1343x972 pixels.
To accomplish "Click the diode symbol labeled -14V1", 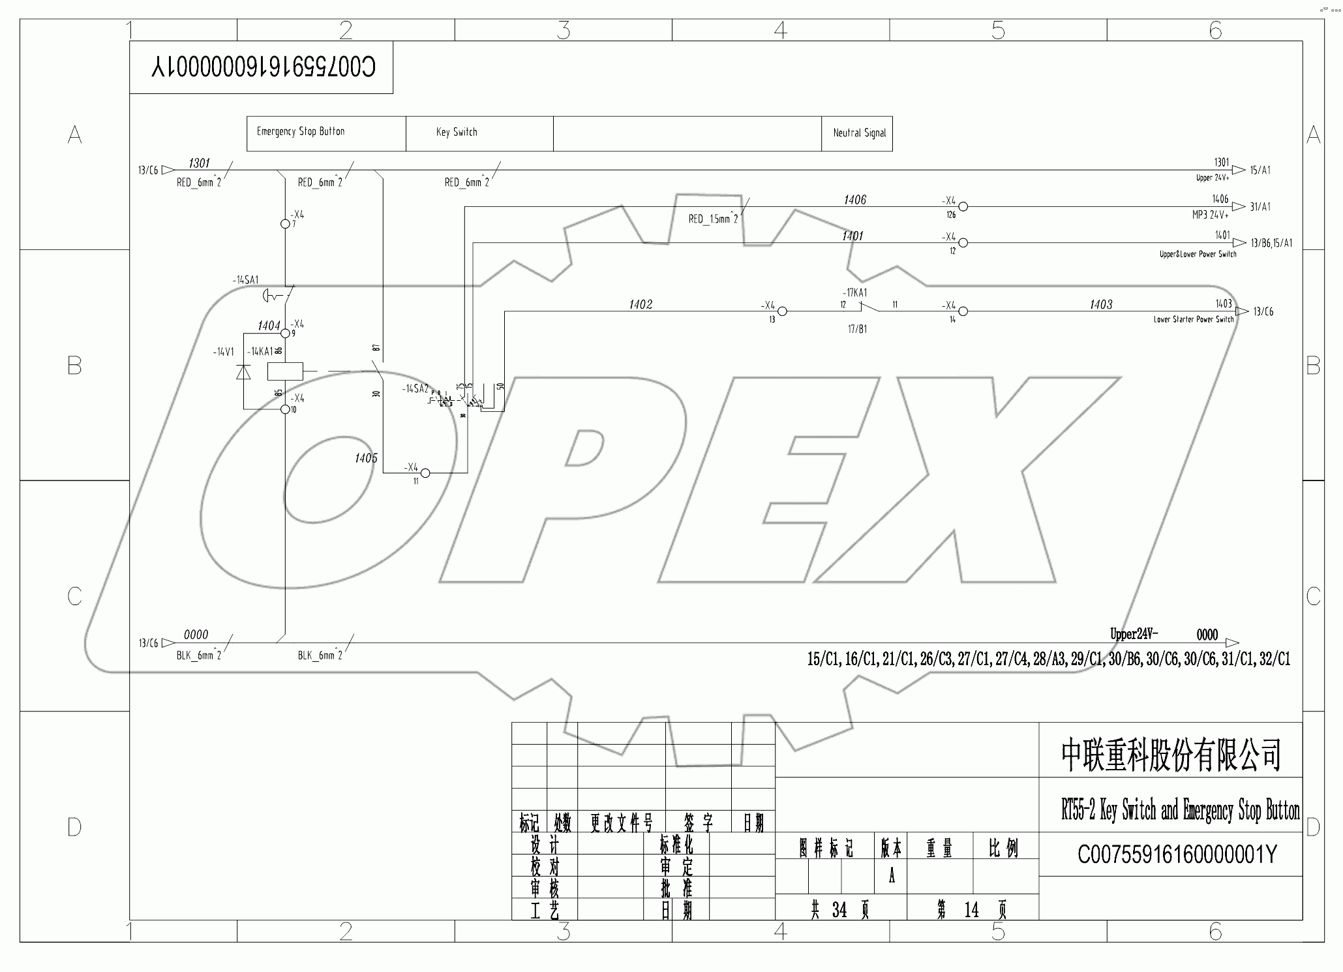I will point(243,371).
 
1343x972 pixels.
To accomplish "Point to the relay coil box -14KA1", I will point(285,371).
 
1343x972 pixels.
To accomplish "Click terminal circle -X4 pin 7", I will point(285,224).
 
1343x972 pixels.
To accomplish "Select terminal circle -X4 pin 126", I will point(963,207).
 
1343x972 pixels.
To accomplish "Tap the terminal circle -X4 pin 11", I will point(425,473).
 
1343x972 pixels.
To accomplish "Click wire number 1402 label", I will point(641,305).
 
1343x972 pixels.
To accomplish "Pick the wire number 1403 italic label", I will point(1101,305).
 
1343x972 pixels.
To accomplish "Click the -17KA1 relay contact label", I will point(854,293).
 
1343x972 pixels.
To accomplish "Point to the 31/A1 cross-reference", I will point(1260,207).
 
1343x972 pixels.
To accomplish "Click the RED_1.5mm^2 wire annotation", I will point(713,219).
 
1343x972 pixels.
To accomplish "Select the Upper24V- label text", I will point(1134,634).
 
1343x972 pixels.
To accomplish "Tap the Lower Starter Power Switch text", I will point(1194,320).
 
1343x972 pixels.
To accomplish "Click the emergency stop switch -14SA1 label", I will point(245,280).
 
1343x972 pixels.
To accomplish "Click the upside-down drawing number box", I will point(262,68).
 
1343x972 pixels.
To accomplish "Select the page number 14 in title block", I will point(971,910).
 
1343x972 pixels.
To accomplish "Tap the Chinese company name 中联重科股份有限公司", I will point(1171,754).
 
